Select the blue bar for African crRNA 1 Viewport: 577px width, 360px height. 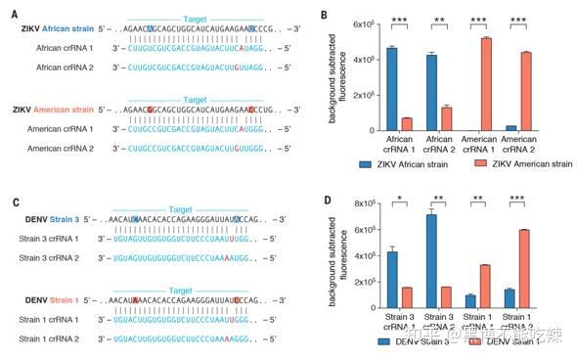click(391, 89)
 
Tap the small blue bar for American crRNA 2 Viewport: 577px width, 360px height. click(513, 127)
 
